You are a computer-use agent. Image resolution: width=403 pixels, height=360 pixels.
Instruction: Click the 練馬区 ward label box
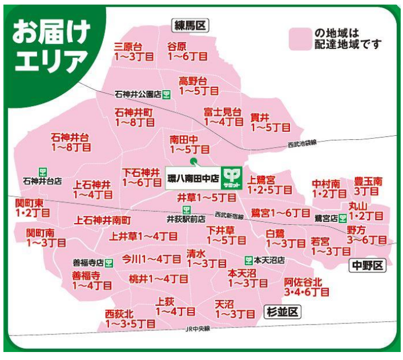(x=191, y=25)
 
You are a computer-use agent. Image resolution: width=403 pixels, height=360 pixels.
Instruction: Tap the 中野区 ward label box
(x=368, y=265)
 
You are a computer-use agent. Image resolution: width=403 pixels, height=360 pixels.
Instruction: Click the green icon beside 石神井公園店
(x=166, y=94)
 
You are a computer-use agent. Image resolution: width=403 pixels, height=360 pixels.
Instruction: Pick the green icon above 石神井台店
(x=42, y=171)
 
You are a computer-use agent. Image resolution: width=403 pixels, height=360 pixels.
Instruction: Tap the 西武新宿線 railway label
(x=228, y=215)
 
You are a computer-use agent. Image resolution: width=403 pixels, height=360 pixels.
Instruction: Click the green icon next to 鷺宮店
(x=342, y=218)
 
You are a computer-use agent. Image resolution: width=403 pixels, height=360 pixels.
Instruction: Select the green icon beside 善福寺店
(x=109, y=263)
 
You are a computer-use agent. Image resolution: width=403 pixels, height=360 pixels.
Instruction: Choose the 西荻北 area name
(x=119, y=313)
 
